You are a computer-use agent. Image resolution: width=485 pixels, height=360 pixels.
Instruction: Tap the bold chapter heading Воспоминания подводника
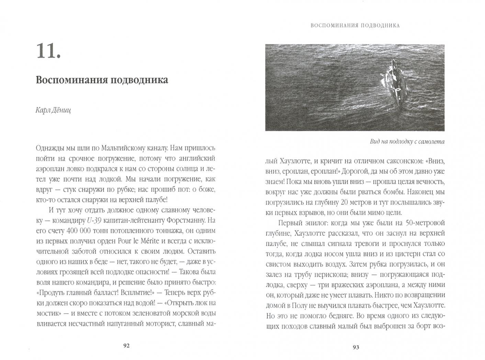(102, 80)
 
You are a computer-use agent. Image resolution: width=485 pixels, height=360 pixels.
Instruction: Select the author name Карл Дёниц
(53, 110)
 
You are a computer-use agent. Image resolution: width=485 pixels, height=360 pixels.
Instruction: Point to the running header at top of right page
(355, 25)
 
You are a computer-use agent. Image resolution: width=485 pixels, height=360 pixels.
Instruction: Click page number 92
(126, 346)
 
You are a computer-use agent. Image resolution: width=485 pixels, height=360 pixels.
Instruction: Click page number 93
(356, 347)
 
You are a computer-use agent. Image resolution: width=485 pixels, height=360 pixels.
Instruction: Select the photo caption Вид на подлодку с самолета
(407, 142)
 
